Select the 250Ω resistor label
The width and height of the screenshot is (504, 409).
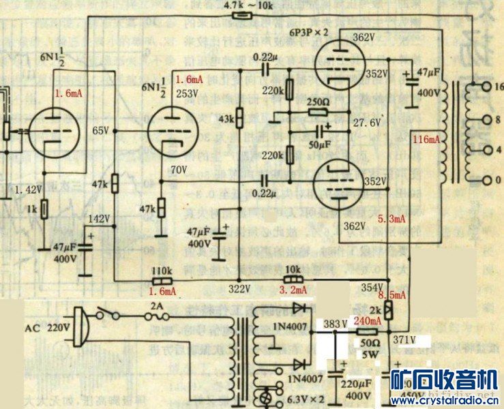point(318,102)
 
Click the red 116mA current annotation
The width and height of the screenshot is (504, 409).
point(427,139)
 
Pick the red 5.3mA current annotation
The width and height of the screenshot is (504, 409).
point(391,219)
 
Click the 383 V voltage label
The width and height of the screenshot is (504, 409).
point(336,322)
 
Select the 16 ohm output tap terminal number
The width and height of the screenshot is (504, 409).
point(498,87)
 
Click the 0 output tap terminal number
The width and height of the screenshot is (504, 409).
point(498,180)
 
